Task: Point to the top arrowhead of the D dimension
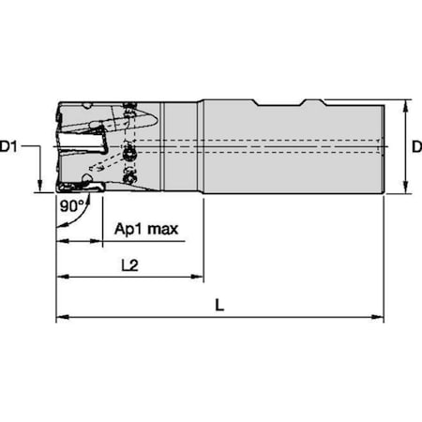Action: coord(405,104)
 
